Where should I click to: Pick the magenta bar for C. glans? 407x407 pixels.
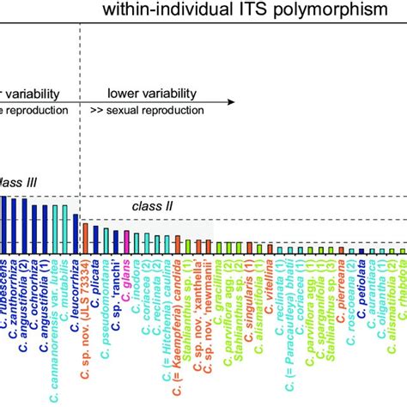[x=126, y=241]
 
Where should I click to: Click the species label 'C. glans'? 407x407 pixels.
[x=125, y=273]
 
